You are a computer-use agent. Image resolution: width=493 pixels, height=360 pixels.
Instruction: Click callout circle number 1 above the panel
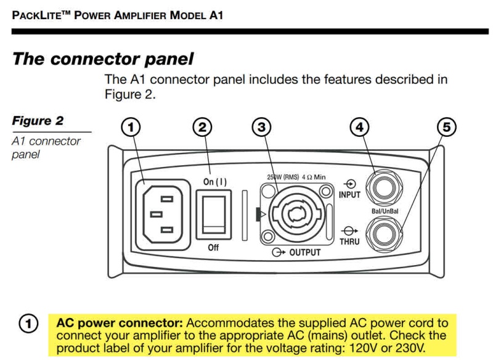pyautogui.click(x=130, y=128)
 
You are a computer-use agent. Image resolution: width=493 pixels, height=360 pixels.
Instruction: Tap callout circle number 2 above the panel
pyautogui.click(x=202, y=128)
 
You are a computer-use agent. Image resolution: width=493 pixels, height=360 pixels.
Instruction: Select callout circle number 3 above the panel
pyautogui.click(x=262, y=128)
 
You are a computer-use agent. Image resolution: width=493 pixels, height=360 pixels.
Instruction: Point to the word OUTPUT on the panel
pyautogui.click(x=305, y=253)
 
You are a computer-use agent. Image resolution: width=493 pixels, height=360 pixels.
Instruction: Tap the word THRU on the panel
pyautogui.click(x=349, y=242)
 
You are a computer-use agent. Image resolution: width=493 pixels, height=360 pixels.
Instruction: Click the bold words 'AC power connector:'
pyautogui.click(x=120, y=323)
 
